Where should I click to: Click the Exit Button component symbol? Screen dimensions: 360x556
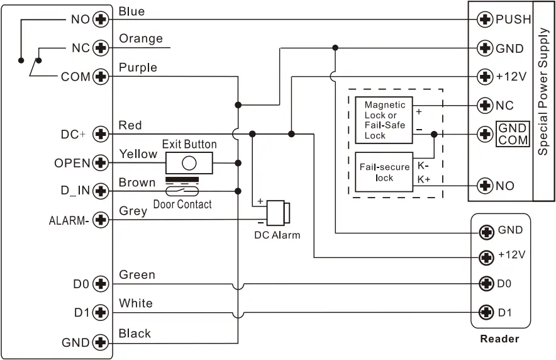(x=189, y=163)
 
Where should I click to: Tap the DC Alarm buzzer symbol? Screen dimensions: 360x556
(x=277, y=212)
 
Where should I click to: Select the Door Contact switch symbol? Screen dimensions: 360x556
(x=182, y=191)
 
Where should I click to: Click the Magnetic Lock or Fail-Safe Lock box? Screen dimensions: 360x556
(x=384, y=118)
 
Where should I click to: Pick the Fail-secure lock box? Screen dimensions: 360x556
(x=384, y=172)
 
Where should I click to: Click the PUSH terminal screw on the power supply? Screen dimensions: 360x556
(x=485, y=20)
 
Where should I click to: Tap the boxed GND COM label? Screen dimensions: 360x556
(x=513, y=133)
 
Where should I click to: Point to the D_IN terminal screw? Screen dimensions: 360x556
(x=100, y=191)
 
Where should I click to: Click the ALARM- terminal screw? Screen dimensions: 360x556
(x=100, y=220)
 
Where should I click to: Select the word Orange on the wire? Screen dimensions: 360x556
(x=141, y=39)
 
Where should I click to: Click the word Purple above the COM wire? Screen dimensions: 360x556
(x=138, y=67)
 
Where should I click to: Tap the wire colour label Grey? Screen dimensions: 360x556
(x=133, y=211)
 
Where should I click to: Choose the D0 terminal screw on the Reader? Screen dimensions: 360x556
(x=486, y=284)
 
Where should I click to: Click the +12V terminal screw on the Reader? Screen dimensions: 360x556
(x=486, y=256)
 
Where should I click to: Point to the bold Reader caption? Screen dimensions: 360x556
(x=499, y=339)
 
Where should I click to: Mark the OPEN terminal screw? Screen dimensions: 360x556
(x=100, y=163)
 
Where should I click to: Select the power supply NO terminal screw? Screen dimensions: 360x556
(x=485, y=186)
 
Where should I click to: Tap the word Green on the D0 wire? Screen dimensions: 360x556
(x=136, y=275)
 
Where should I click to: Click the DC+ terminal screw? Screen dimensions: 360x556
(x=100, y=134)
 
